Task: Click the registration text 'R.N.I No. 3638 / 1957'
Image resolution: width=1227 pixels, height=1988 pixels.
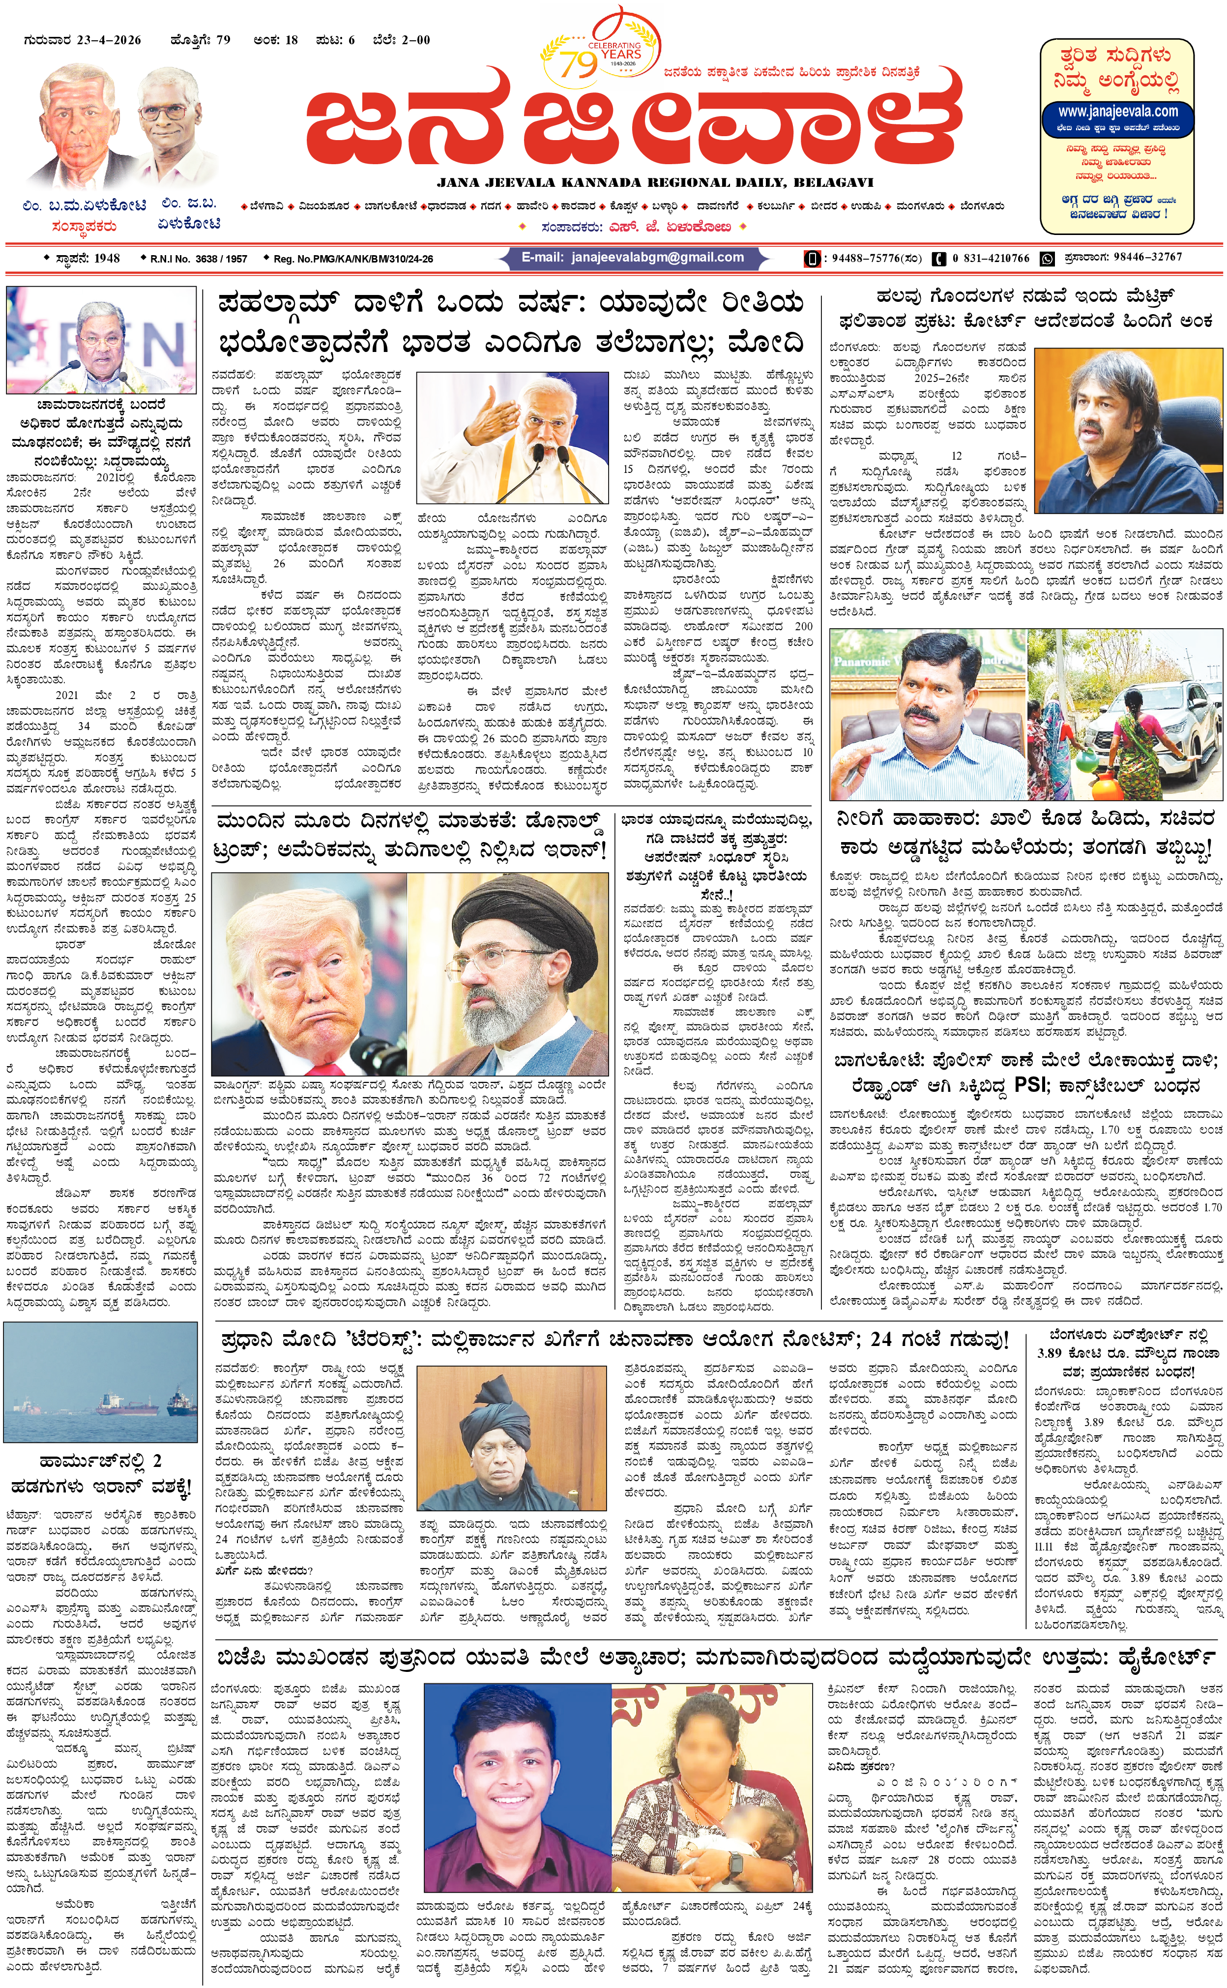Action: pos(198,259)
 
